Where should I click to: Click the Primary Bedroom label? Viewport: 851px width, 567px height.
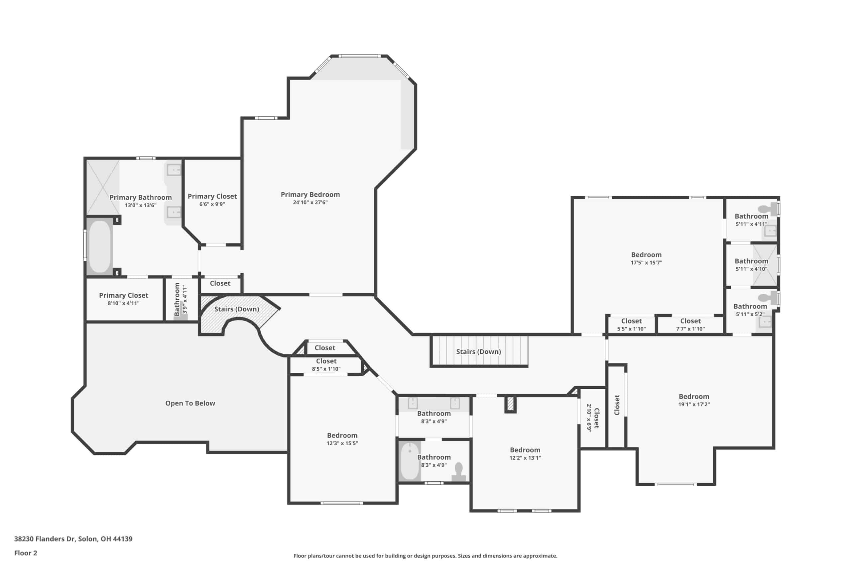pos(310,195)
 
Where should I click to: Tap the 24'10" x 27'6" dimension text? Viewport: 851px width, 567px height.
pos(310,203)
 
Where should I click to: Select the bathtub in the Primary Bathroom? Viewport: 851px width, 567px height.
pos(99,246)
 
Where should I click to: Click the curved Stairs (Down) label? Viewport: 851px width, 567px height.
pos(237,309)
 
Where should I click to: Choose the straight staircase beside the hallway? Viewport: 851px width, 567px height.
pos(479,351)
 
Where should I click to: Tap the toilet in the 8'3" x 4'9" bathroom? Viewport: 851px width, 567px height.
pos(459,472)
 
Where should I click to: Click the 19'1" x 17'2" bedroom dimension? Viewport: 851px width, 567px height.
pos(694,404)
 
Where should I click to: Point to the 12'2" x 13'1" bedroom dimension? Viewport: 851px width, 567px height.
pos(525,458)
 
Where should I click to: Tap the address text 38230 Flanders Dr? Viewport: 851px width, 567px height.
pos(45,539)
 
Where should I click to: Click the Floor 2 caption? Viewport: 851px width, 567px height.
pos(26,553)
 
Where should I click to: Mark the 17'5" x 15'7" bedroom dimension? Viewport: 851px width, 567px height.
pos(646,263)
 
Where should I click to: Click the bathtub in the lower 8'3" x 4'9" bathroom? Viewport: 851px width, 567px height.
pos(410,461)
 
